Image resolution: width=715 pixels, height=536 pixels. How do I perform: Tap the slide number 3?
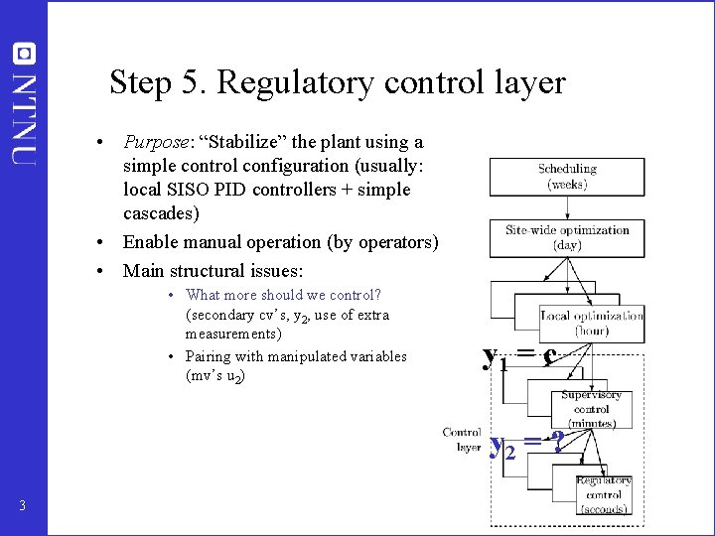(22, 507)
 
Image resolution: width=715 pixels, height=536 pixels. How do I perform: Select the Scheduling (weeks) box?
(566, 177)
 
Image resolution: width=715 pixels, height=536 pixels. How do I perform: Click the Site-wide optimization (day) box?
(566, 237)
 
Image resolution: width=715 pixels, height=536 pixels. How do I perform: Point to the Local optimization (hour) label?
(592, 323)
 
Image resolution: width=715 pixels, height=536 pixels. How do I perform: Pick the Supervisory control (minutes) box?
(591, 408)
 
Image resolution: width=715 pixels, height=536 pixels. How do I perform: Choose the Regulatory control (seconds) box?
(603, 494)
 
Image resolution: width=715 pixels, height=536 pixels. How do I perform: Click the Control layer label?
(462, 440)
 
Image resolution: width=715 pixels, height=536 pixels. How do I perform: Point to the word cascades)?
(160, 213)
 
